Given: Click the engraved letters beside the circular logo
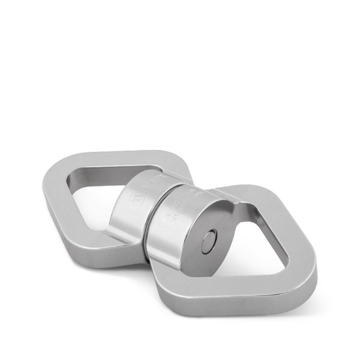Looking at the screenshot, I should (151, 179).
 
